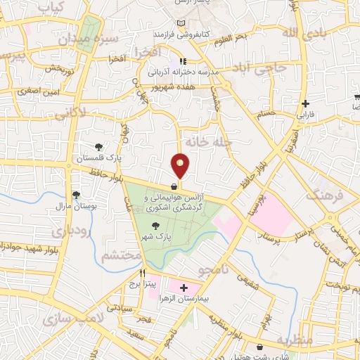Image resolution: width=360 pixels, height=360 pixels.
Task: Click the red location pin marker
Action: [181, 165]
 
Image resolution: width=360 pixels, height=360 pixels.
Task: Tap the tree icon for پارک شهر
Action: [155, 225]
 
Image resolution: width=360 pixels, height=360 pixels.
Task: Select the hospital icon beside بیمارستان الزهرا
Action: [184, 288]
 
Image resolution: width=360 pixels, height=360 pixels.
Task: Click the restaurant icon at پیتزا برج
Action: [143, 273]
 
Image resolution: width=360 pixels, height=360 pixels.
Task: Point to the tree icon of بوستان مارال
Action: [76, 195]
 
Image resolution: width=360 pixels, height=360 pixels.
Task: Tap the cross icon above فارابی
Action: [306, 102]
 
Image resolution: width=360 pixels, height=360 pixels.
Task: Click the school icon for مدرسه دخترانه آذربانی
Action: [183, 60]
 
